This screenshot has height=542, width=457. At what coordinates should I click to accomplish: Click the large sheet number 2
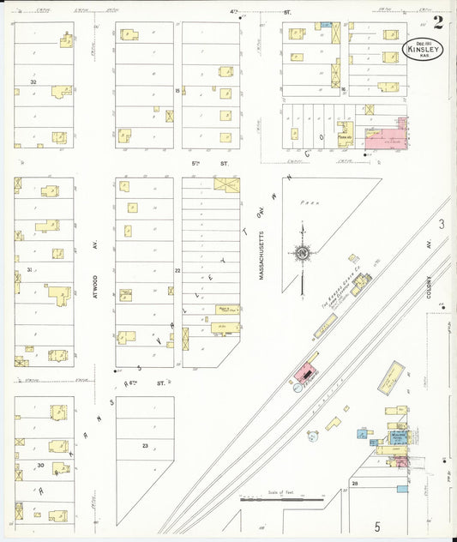(x=438, y=21)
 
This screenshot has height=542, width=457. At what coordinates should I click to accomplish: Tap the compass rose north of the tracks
(x=303, y=252)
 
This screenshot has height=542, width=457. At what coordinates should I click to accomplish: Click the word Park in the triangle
(x=298, y=204)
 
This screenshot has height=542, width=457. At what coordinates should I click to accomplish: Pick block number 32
(x=33, y=81)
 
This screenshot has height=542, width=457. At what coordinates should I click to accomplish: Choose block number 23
(x=145, y=445)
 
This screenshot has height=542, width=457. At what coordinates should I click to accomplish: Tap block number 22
(x=177, y=270)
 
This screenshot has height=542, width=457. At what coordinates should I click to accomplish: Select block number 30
(x=40, y=464)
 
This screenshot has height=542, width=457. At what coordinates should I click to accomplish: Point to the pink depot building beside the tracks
(x=304, y=372)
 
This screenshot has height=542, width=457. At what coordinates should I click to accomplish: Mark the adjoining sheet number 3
(x=442, y=225)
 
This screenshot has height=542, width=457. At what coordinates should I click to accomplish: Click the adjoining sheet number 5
(x=376, y=525)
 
